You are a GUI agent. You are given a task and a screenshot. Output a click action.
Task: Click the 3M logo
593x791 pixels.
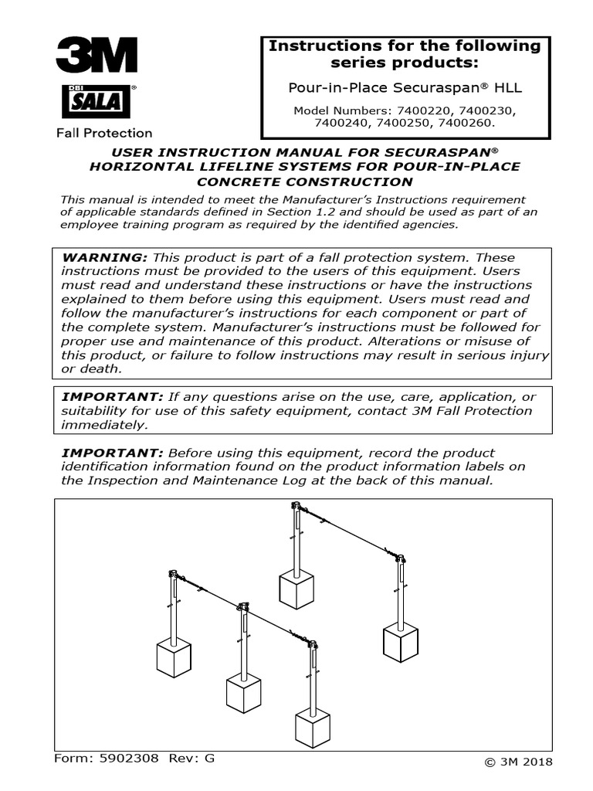(96, 55)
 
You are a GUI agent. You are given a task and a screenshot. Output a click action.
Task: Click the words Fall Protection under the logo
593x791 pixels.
(104, 133)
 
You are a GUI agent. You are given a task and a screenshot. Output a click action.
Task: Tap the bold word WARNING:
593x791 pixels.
(103, 257)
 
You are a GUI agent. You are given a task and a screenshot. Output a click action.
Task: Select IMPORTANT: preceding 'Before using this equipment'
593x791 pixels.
(111, 453)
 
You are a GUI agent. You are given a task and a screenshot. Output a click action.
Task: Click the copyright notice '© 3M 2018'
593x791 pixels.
(519, 762)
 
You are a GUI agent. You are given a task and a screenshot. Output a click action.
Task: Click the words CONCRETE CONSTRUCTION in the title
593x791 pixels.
(304, 182)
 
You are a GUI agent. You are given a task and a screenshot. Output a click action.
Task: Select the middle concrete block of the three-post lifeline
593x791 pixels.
(243, 692)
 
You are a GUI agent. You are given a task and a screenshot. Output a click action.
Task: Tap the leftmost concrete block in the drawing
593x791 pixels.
(174, 658)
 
